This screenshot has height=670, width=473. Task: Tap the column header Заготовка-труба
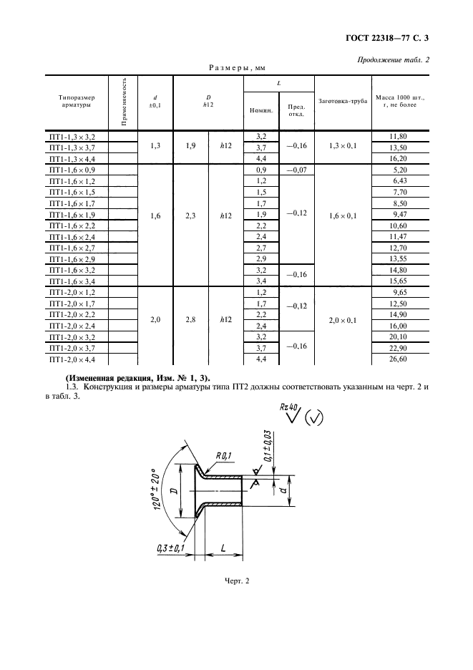343,101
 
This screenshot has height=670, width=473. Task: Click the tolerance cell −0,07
296,170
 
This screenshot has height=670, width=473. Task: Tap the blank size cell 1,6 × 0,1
343,214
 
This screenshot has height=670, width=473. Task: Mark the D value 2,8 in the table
190,319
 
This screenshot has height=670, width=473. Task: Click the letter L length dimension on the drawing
223,547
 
